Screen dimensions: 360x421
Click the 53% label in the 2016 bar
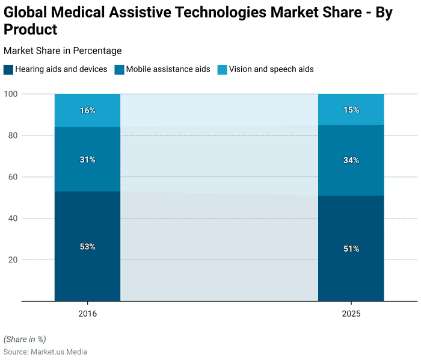click(87, 247)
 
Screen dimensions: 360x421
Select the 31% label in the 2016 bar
click(87, 160)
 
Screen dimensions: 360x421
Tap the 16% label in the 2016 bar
click(87, 111)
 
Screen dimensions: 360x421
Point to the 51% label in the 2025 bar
click(351, 249)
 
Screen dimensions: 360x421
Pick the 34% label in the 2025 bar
click(351, 160)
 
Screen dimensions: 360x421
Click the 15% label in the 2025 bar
click(351, 110)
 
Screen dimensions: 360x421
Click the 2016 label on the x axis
click(87, 314)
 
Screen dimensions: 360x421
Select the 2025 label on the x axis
click(351, 314)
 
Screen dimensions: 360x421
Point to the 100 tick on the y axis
click(10, 94)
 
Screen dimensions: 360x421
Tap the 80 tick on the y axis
click(12, 135)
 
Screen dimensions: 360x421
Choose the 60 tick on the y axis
click(12, 177)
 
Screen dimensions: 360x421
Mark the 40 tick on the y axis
click(12, 219)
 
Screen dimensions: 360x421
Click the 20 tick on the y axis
click(12, 260)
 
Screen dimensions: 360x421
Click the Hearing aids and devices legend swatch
click(8, 69)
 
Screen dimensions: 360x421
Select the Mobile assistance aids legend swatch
click(118, 69)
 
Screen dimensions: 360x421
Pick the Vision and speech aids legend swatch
click(222, 69)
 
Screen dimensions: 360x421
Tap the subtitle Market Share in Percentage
click(63, 51)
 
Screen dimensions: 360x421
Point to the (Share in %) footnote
click(25, 339)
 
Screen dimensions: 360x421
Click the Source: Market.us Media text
click(45, 352)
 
